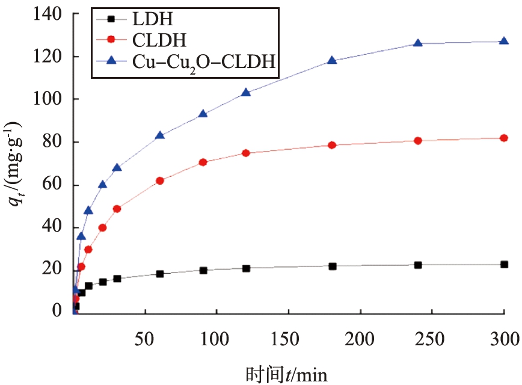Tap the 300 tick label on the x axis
pyautogui.click(x=503, y=339)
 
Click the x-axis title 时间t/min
pyautogui.click(x=287, y=374)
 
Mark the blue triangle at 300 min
pyautogui.click(x=503, y=41)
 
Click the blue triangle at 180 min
pyautogui.click(x=332, y=60)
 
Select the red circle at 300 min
pyautogui.click(x=503, y=138)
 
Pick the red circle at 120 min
pyautogui.click(x=246, y=153)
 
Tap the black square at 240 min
pyautogui.click(x=418, y=265)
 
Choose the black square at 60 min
pyautogui.click(x=160, y=274)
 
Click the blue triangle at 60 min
pyautogui.click(x=160, y=135)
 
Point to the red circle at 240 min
pyautogui.click(x=418, y=140)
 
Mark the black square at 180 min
pyautogui.click(x=332, y=266)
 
